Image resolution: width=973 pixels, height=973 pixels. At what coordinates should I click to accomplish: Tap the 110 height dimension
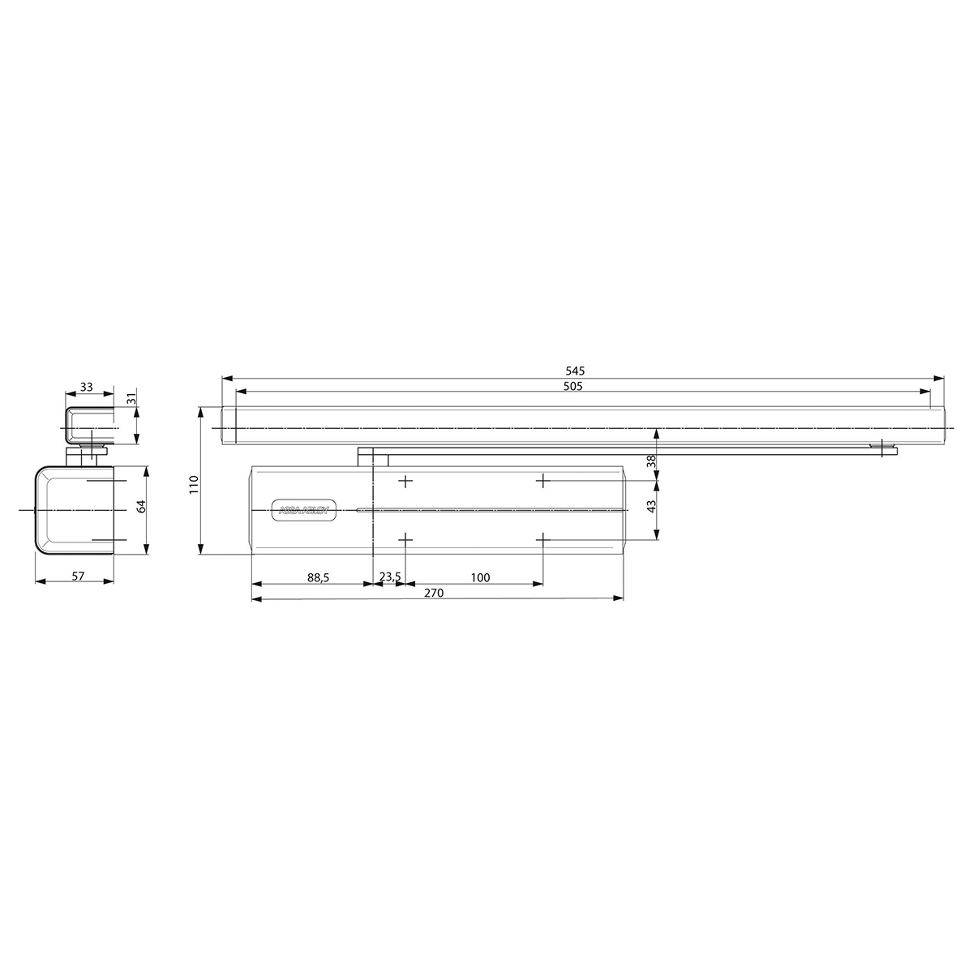coord(194,484)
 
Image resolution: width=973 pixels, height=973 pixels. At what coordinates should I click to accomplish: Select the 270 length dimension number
coord(434,593)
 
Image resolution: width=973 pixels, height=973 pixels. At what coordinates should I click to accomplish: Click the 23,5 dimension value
coord(389,577)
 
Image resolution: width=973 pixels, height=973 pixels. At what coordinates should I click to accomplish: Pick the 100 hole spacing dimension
coord(480,577)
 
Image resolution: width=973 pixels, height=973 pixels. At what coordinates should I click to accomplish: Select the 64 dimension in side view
coord(140,506)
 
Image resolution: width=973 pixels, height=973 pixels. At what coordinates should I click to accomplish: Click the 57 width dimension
coord(78,576)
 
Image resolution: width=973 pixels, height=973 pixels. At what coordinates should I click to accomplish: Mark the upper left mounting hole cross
coord(406,482)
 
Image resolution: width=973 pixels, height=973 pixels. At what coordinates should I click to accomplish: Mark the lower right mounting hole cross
coord(542,539)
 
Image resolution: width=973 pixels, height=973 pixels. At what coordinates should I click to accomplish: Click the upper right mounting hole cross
coord(542,482)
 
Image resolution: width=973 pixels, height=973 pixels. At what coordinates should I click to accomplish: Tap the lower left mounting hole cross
coord(406,539)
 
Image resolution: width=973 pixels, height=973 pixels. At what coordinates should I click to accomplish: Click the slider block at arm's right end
coord(881,448)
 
